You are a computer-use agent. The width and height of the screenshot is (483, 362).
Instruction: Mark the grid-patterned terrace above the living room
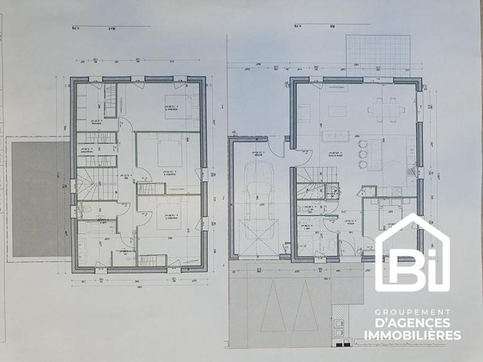coord(378,54)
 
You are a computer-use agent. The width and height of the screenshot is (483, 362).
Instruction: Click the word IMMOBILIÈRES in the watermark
coord(412,335)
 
